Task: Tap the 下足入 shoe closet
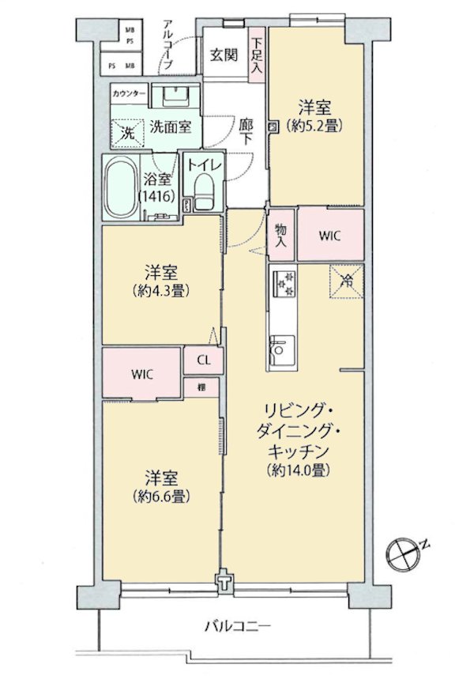(x=257, y=55)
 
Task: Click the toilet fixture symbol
(x=204, y=192)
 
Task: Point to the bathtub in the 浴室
(x=120, y=191)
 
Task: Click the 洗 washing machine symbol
(x=127, y=132)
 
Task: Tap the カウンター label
(x=129, y=93)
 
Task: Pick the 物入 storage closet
(x=281, y=235)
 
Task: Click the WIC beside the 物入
(x=330, y=235)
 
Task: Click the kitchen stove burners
(x=283, y=281)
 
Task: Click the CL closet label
(x=203, y=361)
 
